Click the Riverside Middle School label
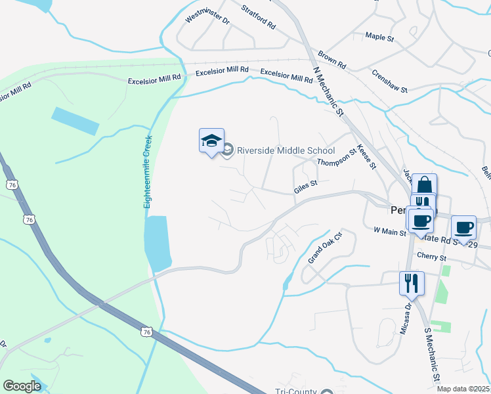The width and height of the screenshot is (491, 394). pos(286,150)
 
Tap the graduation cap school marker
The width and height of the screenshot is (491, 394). pos(211,141)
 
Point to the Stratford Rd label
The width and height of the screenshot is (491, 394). pos(258,16)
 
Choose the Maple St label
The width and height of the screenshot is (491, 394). pos(379,37)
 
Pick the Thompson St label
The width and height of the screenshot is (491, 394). pos(336,158)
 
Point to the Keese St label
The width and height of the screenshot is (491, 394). pos(366,157)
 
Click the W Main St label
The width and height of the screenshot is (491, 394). pos(390,230)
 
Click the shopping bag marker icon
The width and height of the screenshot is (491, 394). pos(424,185)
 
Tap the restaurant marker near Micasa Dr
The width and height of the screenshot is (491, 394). pos(412,283)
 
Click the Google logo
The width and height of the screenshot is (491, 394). pos(22,387)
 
